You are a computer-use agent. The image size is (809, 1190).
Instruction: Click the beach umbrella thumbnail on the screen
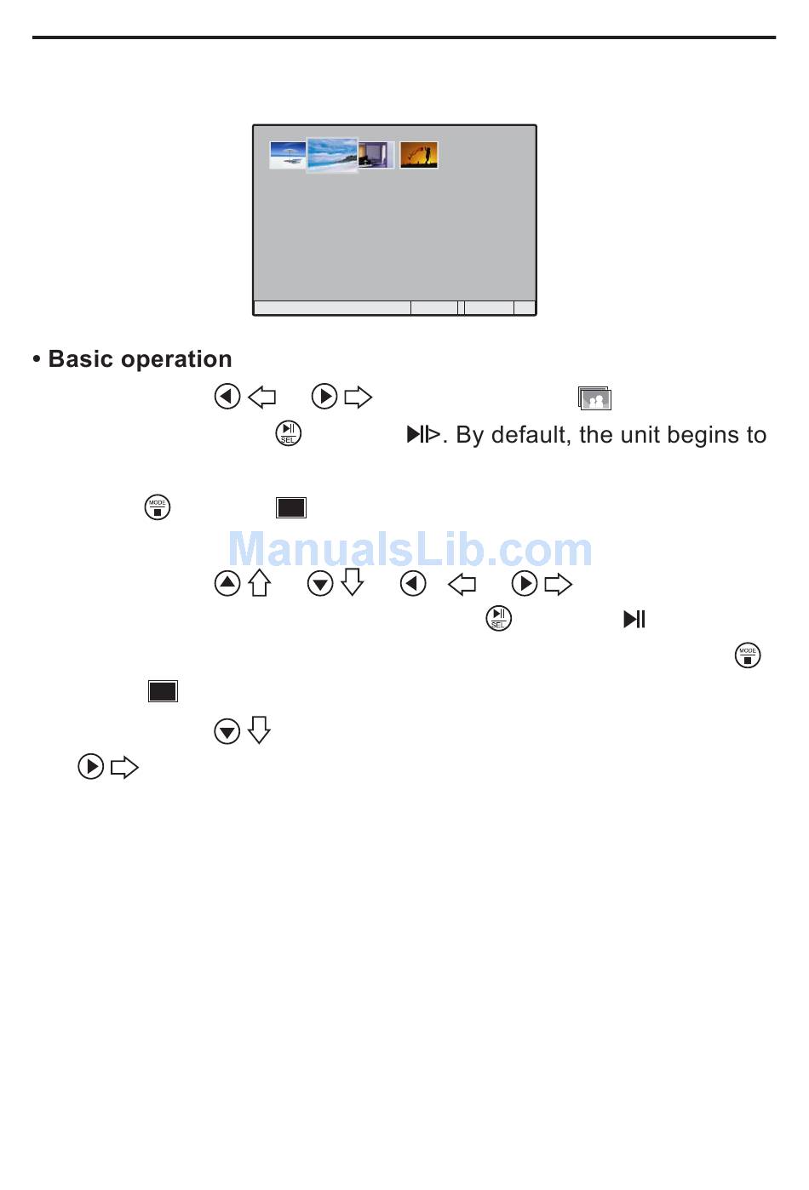(x=287, y=155)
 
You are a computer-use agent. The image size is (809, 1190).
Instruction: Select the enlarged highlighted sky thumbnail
(x=332, y=155)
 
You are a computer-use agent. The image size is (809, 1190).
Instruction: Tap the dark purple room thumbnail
(x=376, y=155)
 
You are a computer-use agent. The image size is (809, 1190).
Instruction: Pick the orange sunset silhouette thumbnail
(x=419, y=155)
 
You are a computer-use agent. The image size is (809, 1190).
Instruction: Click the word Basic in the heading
(x=81, y=359)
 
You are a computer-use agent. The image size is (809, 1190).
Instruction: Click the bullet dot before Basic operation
(x=37, y=360)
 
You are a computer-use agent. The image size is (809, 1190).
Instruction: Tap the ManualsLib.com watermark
(x=410, y=549)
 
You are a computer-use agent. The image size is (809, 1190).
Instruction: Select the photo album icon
(x=594, y=398)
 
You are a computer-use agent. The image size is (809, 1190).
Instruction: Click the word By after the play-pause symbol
(x=470, y=436)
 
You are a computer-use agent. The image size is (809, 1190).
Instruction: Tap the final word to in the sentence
(x=756, y=435)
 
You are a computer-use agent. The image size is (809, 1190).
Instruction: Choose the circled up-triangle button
(x=227, y=584)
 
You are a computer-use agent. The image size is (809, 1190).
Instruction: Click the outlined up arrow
(x=260, y=583)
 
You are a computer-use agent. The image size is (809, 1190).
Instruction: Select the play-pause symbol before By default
(x=423, y=434)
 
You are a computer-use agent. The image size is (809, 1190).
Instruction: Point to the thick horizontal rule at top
(x=404, y=37)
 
